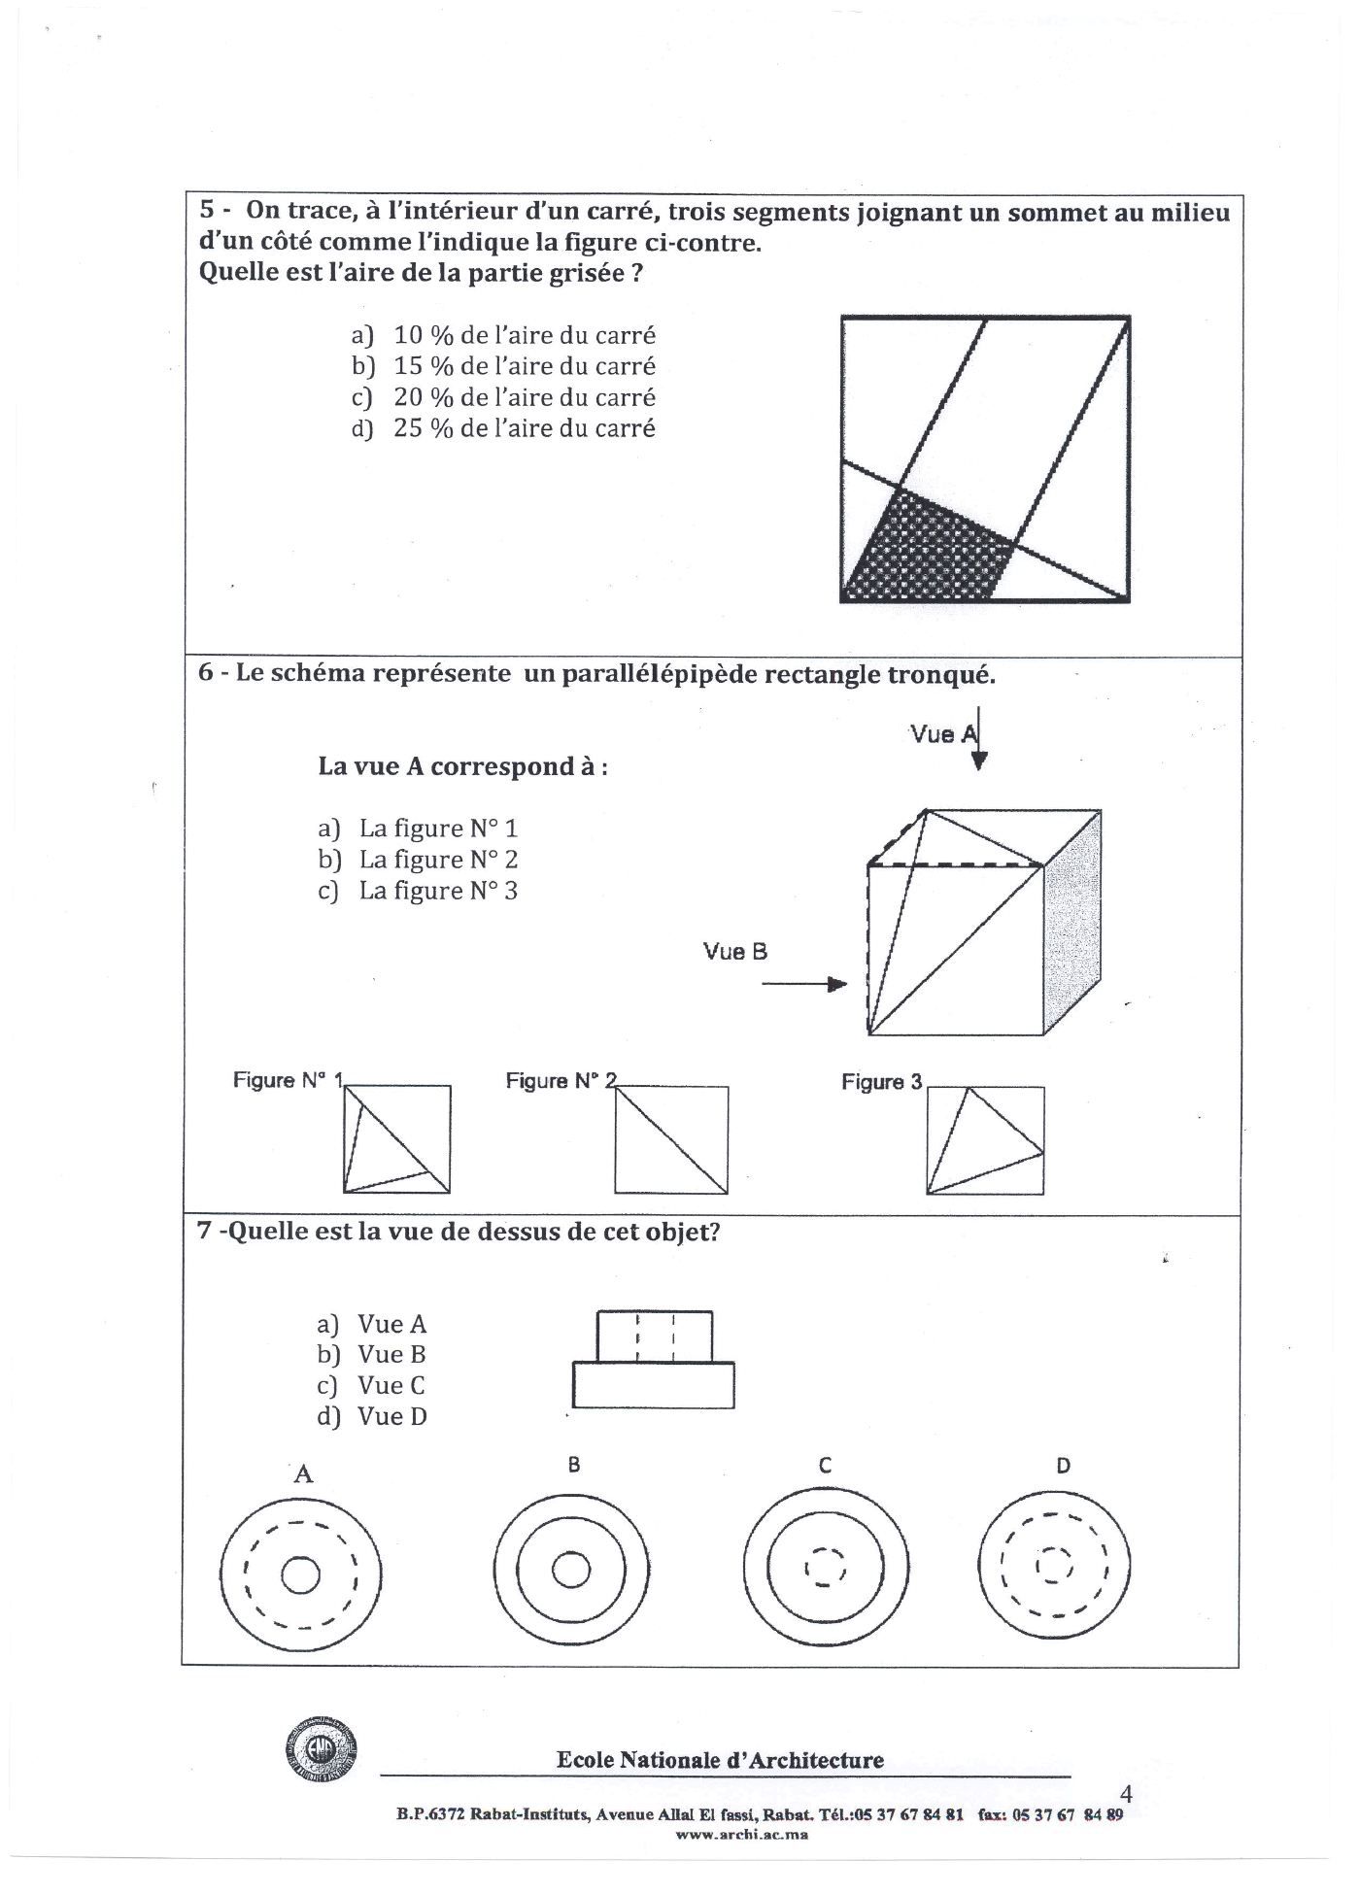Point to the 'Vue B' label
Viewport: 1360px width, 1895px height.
(735, 952)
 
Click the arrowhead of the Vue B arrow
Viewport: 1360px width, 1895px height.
(836, 985)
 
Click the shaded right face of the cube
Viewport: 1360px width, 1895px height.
(1072, 923)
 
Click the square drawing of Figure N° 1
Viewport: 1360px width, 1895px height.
(396, 1139)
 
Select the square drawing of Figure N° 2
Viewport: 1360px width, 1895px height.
(670, 1139)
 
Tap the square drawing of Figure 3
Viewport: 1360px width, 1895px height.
(985, 1140)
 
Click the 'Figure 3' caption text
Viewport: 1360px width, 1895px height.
(881, 1082)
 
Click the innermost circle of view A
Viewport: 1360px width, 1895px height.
(300, 1575)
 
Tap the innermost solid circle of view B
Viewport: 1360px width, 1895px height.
(570, 1570)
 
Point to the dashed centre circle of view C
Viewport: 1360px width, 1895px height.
(825, 1568)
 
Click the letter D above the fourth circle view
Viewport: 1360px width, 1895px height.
(1063, 1466)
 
